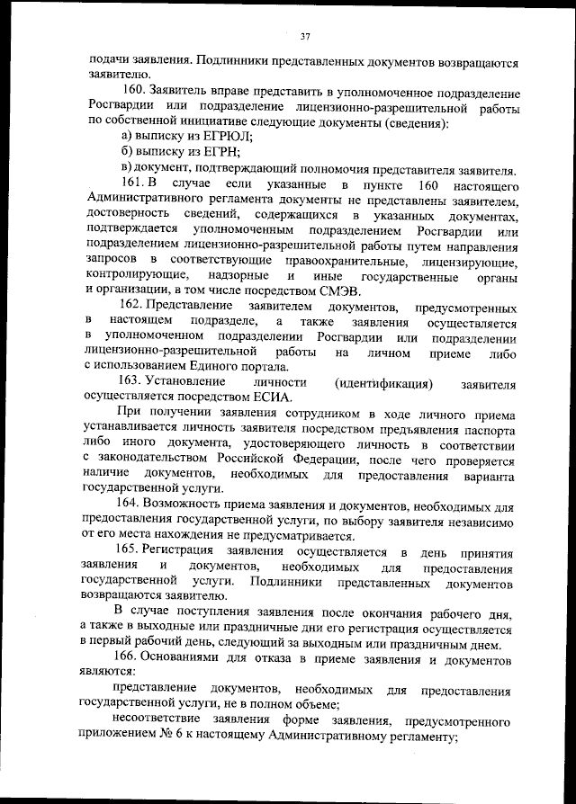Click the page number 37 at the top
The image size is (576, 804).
pyautogui.click(x=305, y=36)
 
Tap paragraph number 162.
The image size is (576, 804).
pyautogui.click(x=134, y=307)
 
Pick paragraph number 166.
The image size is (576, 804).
pyautogui.click(x=134, y=660)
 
